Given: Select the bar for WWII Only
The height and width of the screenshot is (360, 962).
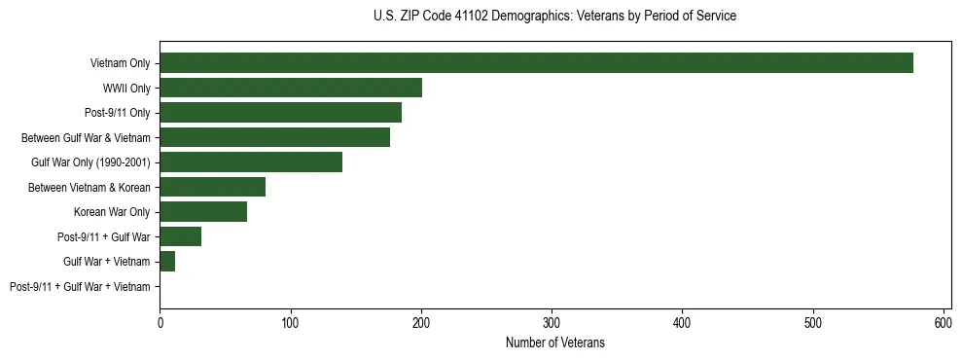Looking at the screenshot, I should (x=291, y=89).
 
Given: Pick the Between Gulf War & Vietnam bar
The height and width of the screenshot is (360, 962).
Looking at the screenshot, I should (x=274, y=137).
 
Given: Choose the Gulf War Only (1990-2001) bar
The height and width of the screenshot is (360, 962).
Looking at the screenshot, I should (x=251, y=162).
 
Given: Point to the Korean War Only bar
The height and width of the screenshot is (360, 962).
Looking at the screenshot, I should (x=203, y=212).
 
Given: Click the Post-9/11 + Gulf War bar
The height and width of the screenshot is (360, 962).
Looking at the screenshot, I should (x=181, y=236).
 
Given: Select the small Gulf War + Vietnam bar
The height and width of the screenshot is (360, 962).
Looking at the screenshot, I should (x=167, y=262).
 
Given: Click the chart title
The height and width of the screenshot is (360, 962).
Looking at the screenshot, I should (x=554, y=17).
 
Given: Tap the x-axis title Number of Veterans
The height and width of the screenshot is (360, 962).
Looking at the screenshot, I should (x=554, y=342).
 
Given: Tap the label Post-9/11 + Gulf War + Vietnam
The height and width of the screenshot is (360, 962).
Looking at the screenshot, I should (x=80, y=287).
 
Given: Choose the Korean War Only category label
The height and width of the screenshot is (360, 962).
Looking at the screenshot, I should (x=112, y=212).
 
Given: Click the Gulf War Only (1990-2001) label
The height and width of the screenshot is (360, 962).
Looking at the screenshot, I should (x=90, y=162).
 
